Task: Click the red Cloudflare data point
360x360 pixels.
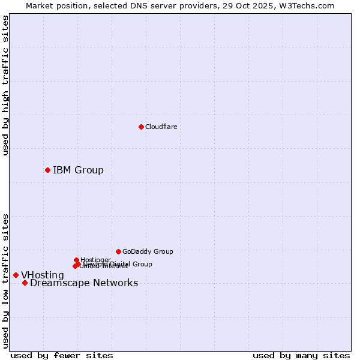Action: [141, 127]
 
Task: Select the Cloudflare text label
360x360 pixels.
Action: [161, 127]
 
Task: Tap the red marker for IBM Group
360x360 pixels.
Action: [47, 170]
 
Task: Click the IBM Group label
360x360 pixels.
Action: [78, 170]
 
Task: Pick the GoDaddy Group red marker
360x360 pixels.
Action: [118, 251]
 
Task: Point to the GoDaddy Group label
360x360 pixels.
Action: [148, 251]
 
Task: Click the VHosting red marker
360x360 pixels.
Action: [16, 275]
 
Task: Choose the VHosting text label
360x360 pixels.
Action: [43, 275]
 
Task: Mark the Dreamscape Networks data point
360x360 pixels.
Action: [25, 283]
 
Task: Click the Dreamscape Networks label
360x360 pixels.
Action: [84, 283]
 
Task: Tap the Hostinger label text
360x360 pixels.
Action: [95, 260]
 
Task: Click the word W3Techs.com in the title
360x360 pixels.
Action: [305, 5]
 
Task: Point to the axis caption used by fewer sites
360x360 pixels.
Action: [62, 355]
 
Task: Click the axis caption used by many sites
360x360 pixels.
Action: [301, 355]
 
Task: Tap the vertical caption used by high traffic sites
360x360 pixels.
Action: [5, 86]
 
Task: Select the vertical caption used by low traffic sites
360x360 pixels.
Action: [5, 281]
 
